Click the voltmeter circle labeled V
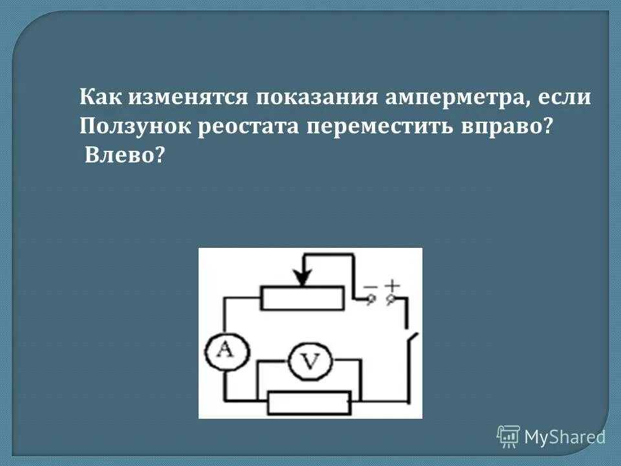tap(310, 362)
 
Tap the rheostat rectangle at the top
tap(303, 298)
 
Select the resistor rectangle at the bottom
tap(309, 403)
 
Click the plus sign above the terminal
tap(393, 285)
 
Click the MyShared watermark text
tap(565, 437)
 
